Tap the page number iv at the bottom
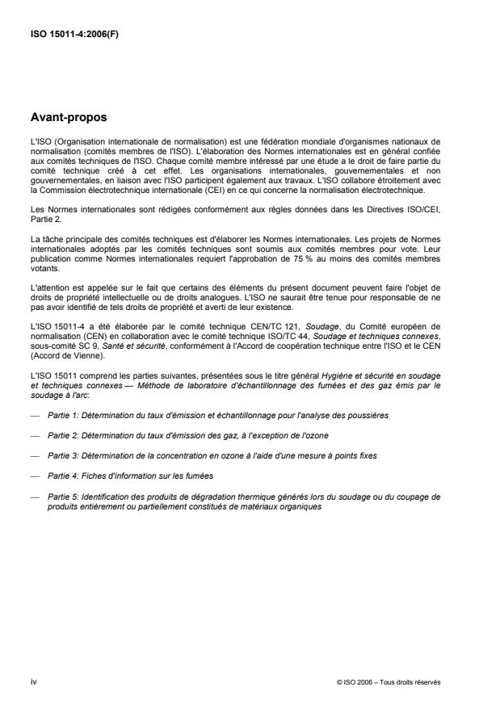32,681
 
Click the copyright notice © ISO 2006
389,682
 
